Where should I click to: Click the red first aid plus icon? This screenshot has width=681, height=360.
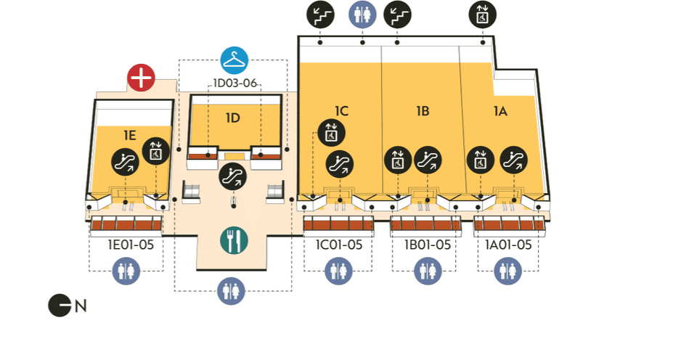point(141,78)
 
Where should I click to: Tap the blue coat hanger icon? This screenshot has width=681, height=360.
point(235,60)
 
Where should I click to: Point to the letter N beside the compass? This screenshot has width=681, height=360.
point(81,306)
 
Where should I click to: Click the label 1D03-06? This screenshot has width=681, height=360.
point(235,83)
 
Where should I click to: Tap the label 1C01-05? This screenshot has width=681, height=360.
point(338,245)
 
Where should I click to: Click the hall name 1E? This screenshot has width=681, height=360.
point(129,135)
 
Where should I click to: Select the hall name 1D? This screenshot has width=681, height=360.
point(232,118)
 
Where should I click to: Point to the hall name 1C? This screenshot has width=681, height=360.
point(342,111)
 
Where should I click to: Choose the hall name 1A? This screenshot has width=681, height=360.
point(500,111)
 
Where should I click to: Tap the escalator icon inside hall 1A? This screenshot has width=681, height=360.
point(515,159)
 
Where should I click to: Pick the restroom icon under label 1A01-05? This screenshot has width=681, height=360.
point(508,271)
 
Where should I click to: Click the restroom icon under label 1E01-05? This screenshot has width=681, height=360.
point(127,271)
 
